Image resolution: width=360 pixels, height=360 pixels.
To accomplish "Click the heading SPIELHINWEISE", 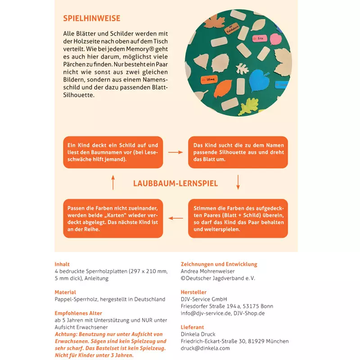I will (x=91, y=18).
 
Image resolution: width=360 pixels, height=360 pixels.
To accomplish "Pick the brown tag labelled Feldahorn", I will (x=233, y=30).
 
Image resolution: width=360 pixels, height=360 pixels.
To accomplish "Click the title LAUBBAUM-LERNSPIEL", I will (x=175, y=184).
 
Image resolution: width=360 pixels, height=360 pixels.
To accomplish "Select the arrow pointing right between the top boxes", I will (x=175, y=152).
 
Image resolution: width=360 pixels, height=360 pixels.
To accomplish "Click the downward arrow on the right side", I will (x=238, y=182).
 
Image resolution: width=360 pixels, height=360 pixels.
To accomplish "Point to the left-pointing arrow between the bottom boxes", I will (x=175, y=219).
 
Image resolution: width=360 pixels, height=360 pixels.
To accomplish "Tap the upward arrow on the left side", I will (x=113, y=182).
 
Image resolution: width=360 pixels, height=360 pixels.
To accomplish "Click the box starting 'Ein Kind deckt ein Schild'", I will (x=112, y=152).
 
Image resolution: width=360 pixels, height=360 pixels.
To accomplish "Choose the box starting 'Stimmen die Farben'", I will (x=238, y=219).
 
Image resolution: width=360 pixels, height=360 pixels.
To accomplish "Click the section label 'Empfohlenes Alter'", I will (x=78, y=313).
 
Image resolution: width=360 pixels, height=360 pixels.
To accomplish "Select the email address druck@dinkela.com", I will (x=205, y=348).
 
